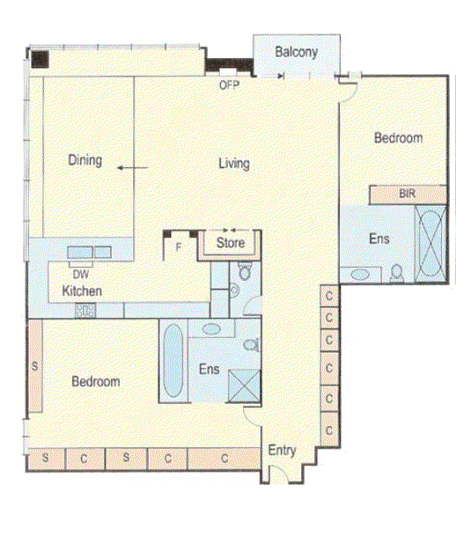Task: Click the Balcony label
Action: (x=297, y=52)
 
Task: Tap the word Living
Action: (x=234, y=164)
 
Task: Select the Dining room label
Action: (x=85, y=160)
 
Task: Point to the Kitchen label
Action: (x=82, y=291)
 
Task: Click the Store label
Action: (x=231, y=243)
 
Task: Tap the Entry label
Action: (x=282, y=450)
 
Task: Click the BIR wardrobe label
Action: (x=408, y=194)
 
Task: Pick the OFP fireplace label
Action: (x=229, y=85)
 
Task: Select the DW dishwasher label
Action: (x=81, y=274)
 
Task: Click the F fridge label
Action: (x=179, y=246)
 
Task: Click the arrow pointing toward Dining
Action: (x=133, y=167)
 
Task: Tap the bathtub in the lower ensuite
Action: (x=173, y=360)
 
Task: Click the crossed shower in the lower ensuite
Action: (x=244, y=386)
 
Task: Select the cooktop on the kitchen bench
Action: (x=85, y=311)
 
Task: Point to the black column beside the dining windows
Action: (x=40, y=60)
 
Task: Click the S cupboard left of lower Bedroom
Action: (x=35, y=366)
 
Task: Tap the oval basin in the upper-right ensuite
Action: (x=360, y=275)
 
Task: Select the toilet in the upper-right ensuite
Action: (x=396, y=273)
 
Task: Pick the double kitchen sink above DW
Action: (x=89, y=253)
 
